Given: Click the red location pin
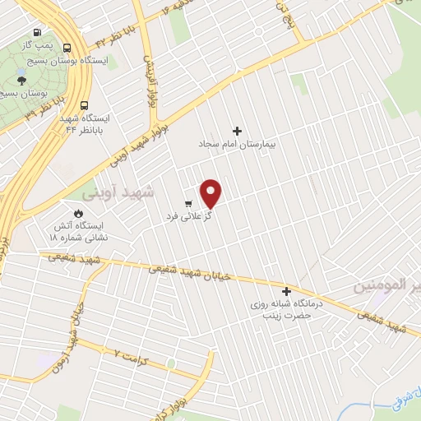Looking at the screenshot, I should click(211, 192).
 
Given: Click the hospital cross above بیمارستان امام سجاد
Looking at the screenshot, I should click(238, 131).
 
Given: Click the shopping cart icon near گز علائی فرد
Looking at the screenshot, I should click(189, 203).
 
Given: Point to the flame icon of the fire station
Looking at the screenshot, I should click(79, 212).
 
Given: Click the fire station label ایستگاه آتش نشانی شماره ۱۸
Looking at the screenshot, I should click(79, 230).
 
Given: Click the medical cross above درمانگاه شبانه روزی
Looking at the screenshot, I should click(286, 291).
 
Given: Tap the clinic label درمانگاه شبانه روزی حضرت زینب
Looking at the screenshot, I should click(288, 309).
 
